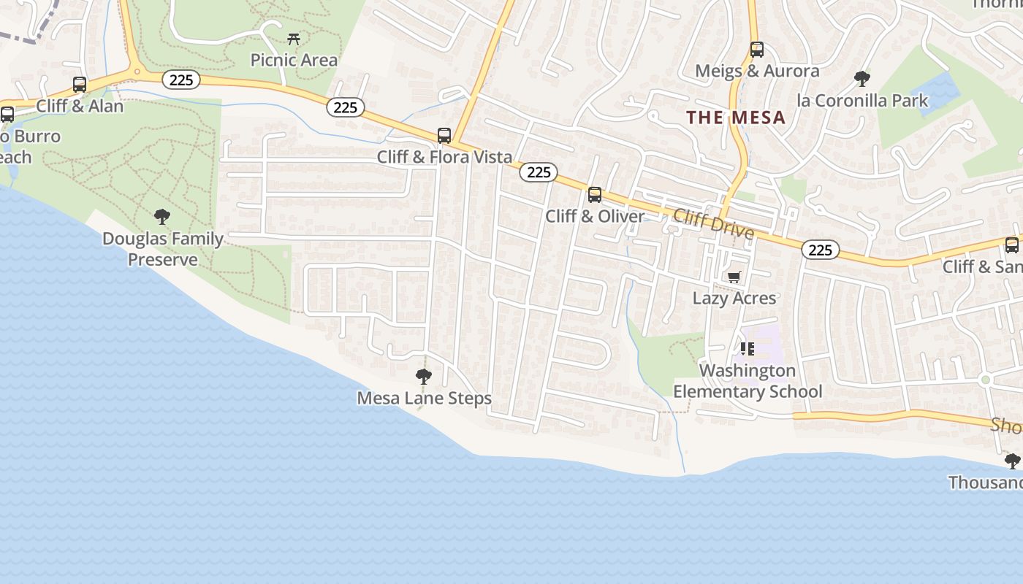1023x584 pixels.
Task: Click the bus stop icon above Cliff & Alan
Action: tap(80, 85)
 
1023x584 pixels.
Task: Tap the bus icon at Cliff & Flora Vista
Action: tap(444, 136)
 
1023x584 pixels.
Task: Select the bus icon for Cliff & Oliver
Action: tap(595, 195)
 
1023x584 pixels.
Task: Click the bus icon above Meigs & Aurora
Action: tap(757, 50)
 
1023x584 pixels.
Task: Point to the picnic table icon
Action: tap(294, 39)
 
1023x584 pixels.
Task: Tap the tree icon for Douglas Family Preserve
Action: tap(162, 217)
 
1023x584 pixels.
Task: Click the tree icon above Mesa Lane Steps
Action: tap(423, 377)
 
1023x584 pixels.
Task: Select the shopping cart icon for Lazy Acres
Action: tap(734, 277)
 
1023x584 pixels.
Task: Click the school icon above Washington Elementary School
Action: tap(747, 349)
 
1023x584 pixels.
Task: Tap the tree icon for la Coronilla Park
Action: tap(862, 79)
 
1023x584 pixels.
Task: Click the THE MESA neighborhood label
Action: tap(736, 118)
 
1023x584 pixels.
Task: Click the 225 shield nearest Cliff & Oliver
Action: tap(539, 172)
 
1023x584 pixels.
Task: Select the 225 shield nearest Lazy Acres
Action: tap(821, 250)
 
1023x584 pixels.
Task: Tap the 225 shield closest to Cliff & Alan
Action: tap(180, 80)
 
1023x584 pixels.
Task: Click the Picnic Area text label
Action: tap(294, 60)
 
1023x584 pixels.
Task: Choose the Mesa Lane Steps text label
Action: tap(424, 398)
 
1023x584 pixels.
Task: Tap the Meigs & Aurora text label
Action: tap(757, 71)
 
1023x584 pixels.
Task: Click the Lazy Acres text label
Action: tap(734, 298)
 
